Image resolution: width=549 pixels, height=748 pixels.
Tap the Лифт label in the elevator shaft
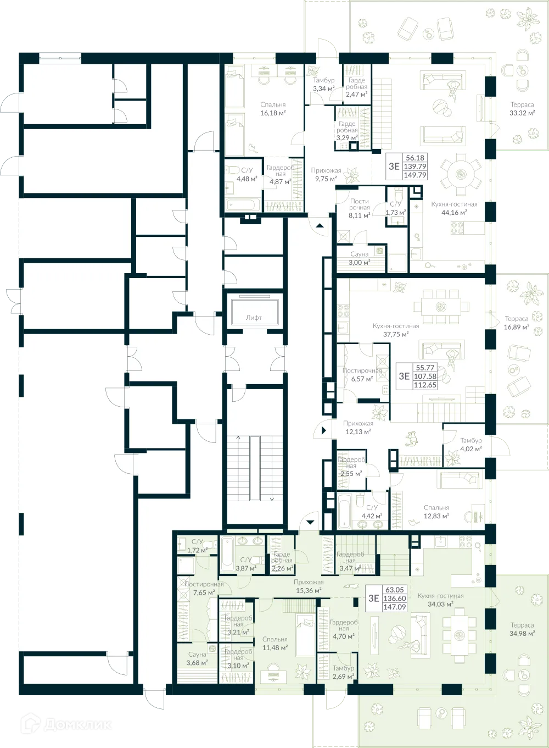(x=254, y=318)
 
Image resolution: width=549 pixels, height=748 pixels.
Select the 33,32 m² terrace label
(x=522, y=109)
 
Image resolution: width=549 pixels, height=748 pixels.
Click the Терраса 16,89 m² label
(x=517, y=323)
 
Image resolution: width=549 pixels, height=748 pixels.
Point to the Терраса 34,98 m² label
(x=522, y=629)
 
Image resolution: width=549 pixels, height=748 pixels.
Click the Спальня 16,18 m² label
(x=273, y=109)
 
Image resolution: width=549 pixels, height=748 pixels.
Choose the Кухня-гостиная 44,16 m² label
(x=454, y=208)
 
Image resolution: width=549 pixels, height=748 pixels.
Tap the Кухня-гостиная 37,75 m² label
(x=396, y=330)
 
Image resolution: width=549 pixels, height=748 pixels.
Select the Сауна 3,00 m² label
(x=360, y=258)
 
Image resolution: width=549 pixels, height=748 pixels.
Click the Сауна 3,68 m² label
(x=197, y=658)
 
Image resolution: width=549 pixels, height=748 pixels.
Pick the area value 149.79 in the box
(x=415, y=175)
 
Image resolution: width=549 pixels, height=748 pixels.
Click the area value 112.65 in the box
(x=425, y=385)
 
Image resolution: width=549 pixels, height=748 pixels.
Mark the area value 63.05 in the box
(x=394, y=590)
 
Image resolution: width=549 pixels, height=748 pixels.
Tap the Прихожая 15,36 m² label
(x=309, y=586)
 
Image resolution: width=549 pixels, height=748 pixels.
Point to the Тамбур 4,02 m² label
(x=471, y=445)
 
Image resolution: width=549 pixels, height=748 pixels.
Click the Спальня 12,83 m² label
(x=436, y=512)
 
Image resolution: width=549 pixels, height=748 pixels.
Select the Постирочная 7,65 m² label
(x=204, y=589)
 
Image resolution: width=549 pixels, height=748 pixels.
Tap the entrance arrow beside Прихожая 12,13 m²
(x=324, y=430)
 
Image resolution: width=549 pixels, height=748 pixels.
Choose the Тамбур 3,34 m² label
(x=323, y=84)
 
